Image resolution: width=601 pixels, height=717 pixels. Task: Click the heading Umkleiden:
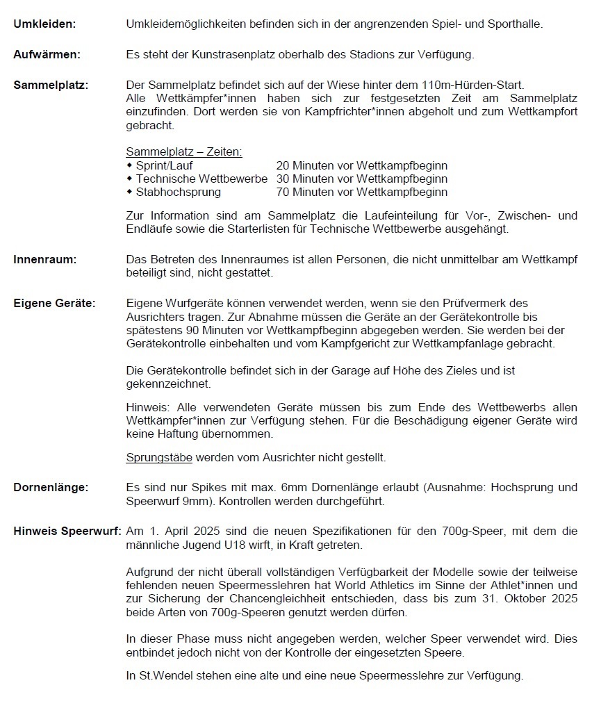pos(44,24)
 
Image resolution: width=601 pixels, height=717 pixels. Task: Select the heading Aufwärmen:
pos(47,54)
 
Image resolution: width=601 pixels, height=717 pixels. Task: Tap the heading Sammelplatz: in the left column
pos(51,85)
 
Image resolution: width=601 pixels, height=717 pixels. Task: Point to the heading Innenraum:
pos(45,259)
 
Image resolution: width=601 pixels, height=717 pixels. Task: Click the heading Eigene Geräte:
pos(54,303)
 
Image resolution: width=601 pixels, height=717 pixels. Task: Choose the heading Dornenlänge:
pos(51,488)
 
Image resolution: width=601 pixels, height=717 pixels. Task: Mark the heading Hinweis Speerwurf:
pos(67,531)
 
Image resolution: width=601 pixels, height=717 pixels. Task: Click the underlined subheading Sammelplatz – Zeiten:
pos(183,152)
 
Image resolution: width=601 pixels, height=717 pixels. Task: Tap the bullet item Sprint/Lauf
pos(164,166)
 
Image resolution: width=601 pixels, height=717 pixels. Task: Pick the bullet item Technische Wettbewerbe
pos(201,179)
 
